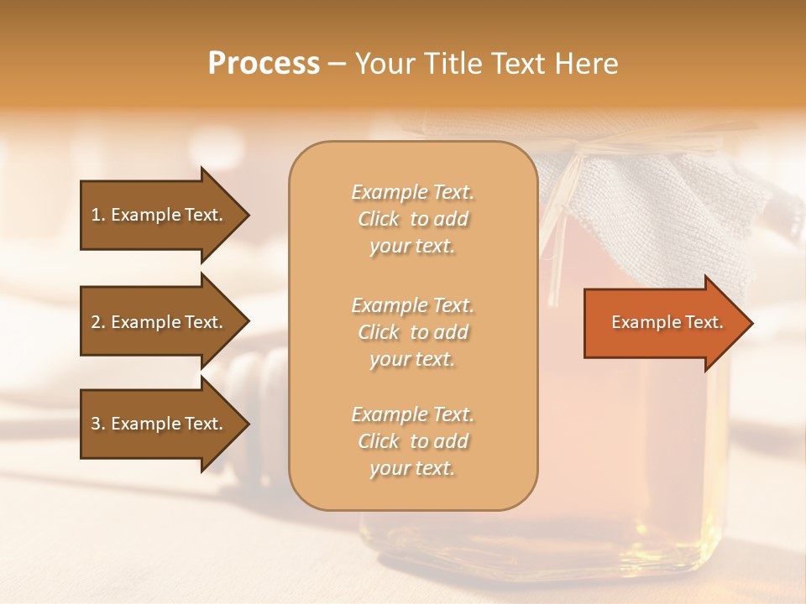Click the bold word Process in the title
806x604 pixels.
(x=264, y=64)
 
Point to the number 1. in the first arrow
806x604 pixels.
(x=98, y=215)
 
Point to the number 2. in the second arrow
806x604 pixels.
(x=98, y=322)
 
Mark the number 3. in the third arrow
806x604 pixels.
(x=98, y=424)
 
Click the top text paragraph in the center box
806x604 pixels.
(x=412, y=219)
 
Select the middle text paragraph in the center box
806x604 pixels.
(x=412, y=332)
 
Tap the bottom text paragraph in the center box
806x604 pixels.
(x=412, y=441)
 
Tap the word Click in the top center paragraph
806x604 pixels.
(x=379, y=219)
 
